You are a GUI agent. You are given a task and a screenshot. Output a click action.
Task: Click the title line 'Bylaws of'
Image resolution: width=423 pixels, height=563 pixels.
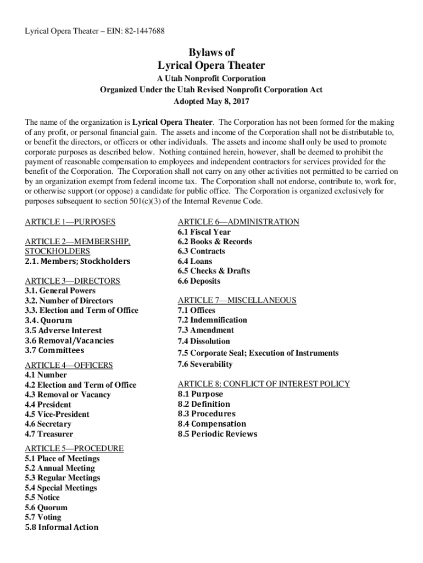211,53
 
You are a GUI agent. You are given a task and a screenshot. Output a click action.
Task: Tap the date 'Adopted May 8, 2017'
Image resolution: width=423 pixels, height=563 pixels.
211,102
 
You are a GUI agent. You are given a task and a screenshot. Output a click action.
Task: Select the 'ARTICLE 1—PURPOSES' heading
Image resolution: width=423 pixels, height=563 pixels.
70,222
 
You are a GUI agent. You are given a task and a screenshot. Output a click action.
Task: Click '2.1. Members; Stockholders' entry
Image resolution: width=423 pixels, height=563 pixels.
77,261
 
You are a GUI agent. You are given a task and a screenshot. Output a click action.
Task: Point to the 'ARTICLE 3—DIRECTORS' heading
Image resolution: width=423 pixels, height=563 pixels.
72,281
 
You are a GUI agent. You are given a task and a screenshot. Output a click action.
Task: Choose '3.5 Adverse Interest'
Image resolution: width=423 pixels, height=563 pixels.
63,330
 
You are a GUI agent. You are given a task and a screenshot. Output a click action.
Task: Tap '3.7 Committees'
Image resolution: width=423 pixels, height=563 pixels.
54,350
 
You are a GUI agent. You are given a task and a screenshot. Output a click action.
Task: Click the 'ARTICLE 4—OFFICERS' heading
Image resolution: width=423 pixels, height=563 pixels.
69,365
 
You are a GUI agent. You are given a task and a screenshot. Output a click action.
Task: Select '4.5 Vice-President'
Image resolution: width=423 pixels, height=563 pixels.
57,414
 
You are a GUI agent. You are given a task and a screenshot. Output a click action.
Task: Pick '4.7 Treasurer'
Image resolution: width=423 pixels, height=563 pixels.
48,434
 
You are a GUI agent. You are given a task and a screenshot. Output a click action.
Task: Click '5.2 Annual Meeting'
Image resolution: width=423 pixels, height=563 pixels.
59,468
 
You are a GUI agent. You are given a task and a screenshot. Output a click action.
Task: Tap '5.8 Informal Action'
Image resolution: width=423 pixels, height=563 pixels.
62,527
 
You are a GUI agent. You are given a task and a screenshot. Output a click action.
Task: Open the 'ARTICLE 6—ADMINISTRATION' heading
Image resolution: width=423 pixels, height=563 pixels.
238,222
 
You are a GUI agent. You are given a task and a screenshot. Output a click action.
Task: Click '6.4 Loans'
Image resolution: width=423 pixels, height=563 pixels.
194,261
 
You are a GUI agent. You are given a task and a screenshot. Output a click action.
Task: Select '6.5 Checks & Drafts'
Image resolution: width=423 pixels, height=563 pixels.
213,271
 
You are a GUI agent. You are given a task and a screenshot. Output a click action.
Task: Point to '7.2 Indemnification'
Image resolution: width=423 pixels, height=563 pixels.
212,320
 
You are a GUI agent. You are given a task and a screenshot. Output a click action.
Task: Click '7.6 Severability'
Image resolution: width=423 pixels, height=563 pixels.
205,364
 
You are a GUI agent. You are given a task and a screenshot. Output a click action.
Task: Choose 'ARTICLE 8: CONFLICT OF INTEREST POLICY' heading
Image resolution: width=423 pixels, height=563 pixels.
264,384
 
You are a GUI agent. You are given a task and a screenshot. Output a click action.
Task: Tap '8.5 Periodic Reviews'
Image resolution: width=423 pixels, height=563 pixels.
217,434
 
